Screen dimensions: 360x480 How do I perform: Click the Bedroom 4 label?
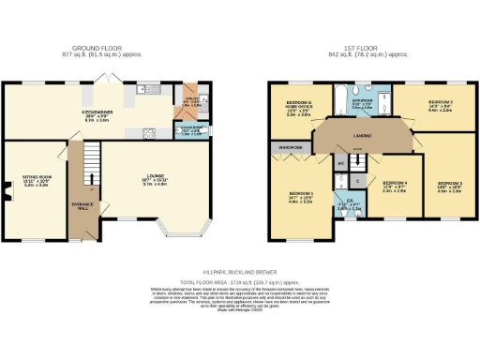coord(394,187)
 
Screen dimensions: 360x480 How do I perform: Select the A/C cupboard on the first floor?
coord(340,163)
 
